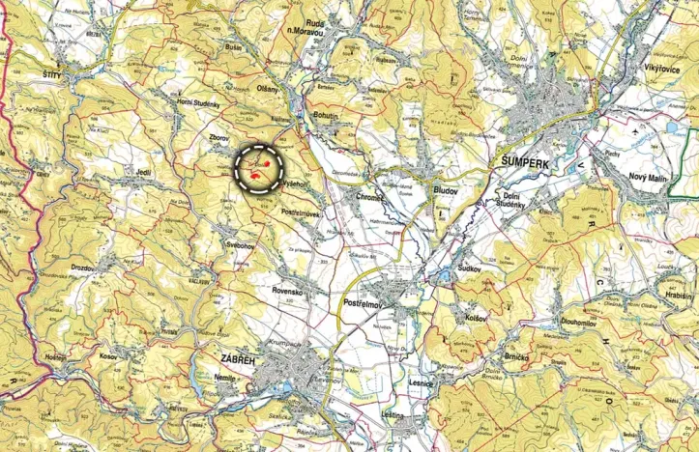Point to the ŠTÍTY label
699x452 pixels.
pos(58,73)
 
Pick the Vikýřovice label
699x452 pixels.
pos(657,70)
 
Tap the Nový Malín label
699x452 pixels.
pos(651,176)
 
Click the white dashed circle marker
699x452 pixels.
pos(261,169)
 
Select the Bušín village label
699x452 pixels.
pos(231,46)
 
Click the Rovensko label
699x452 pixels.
pos(288,291)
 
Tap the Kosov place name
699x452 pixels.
pos(107,356)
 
